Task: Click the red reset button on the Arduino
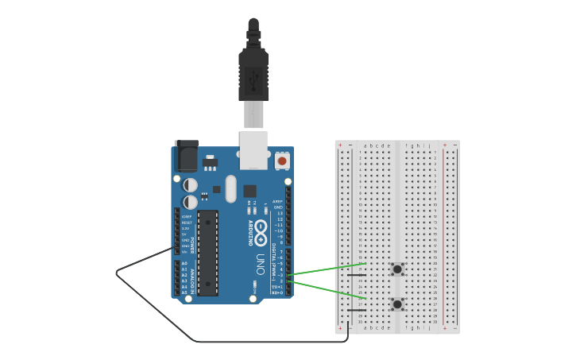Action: (281, 161)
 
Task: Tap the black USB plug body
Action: (253, 75)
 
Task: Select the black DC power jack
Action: (186, 157)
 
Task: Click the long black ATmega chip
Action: (207, 253)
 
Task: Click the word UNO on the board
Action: (261, 263)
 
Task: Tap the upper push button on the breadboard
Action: (396, 269)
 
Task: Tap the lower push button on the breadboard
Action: (396, 304)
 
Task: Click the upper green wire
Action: (326, 269)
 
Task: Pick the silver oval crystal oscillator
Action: (230, 189)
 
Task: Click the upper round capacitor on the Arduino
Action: (190, 185)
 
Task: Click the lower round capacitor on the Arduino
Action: (190, 202)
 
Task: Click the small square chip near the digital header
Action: (249, 191)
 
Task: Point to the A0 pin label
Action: (184, 263)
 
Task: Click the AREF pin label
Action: (277, 202)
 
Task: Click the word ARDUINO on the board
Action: (251, 232)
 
